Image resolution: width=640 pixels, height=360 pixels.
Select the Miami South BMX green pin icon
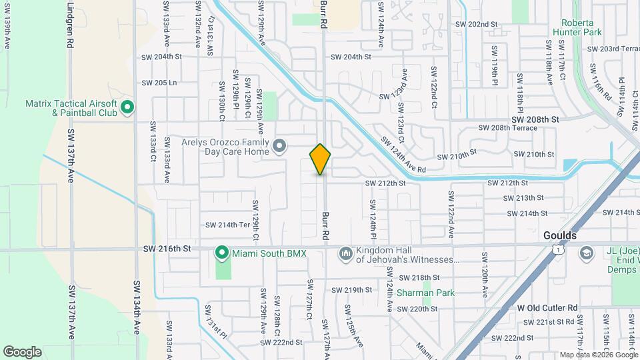pyautogui.click(x=221, y=253)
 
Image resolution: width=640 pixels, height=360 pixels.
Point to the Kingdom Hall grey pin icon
pyautogui.click(x=345, y=253)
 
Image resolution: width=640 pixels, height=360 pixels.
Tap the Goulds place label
pyautogui.click(x=560, y=236)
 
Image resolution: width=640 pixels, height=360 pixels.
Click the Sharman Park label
pyautogui.click(x=425, y=293)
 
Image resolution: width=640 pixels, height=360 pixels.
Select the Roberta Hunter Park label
pyautogui.click(x=577, y=26)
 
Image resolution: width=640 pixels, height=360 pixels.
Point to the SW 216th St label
pyautogui.click(x=167, y=248)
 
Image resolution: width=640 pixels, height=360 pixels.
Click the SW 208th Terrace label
pyautogui.click(x=508, y=127)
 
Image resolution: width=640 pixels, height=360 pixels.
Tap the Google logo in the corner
pyautogui.click(x=22, y=352)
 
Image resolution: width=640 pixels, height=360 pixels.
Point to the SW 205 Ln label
pyautogui.click(x=159, y=83)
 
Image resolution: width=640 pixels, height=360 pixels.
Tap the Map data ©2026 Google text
pyautogui.click(x=599, y=355)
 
